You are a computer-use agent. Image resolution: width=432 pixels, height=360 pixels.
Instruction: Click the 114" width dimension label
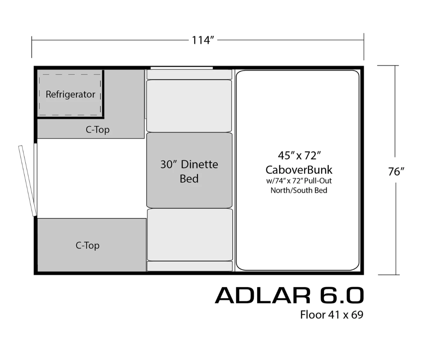(203, 40)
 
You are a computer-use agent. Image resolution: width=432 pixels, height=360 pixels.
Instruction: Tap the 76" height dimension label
(396, 171)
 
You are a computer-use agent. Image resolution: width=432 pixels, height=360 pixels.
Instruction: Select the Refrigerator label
(70, 94)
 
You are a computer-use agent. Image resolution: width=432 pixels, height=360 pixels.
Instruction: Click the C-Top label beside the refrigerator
(98, 129)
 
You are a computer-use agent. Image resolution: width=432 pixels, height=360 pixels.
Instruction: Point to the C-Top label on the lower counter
(87, 245)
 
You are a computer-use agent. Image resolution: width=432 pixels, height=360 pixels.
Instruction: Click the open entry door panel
(27, 181)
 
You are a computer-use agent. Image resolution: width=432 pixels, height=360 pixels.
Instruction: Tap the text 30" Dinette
(189, 164)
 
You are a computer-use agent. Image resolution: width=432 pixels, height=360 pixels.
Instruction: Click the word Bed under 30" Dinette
(189, 179)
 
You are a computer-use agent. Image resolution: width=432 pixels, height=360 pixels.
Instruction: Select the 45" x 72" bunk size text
(299, 155)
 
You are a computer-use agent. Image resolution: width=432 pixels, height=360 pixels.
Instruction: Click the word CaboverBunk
(299, 169)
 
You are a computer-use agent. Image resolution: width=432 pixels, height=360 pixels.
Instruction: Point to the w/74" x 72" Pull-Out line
(299, 181)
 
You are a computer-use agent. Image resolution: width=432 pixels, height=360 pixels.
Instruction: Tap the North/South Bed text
(299, 191)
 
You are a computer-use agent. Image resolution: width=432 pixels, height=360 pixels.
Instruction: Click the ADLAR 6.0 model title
(289, 295)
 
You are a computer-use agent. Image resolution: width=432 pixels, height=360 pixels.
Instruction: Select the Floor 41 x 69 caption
(332, 315)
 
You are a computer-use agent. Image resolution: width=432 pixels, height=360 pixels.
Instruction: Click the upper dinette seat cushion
(189, 106)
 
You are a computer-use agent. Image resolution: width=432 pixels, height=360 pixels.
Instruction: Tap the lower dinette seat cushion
(190, 235)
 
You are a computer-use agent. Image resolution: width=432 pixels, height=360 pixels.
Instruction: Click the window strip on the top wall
(182, 68)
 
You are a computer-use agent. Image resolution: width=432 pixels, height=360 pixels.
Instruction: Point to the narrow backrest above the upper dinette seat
(189, 74)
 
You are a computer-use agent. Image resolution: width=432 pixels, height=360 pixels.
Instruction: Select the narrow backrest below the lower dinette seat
(190, 266)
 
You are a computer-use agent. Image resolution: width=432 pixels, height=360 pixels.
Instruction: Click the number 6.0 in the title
(342, 295)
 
